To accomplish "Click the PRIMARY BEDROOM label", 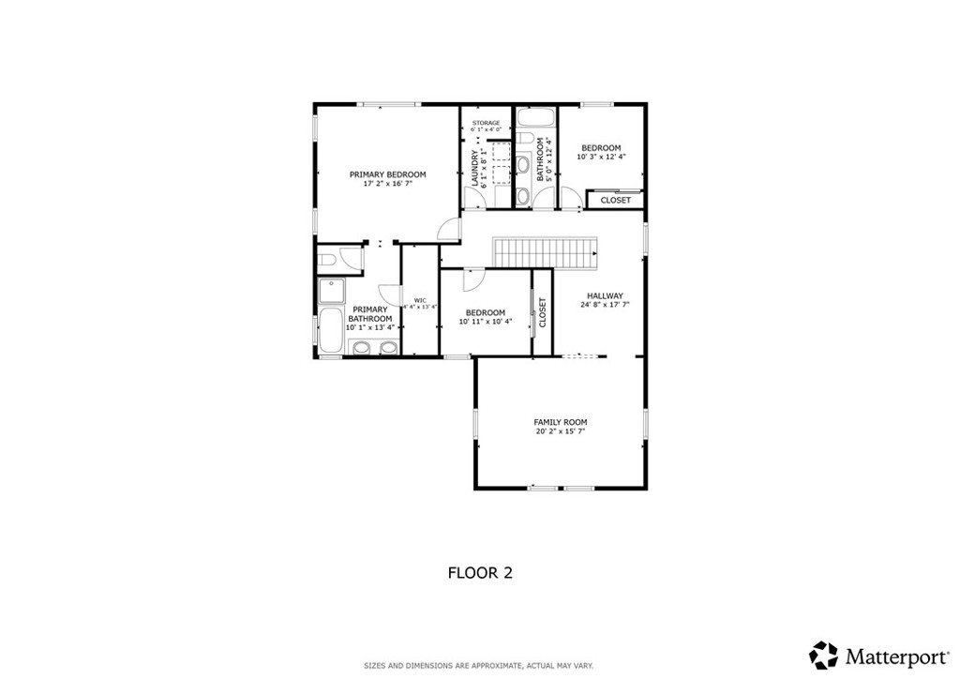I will [387, 174].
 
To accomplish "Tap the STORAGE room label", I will [486, 123].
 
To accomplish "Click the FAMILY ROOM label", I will [561, 423].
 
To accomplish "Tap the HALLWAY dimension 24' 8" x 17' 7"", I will [605, 305].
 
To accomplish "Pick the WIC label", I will [420, 301].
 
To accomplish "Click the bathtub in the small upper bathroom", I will [534, 118].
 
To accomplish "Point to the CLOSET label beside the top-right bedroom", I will [616, 201].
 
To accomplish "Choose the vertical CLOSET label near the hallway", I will [542, 312].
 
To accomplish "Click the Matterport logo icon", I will [824, 655].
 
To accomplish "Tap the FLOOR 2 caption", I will [479, 572].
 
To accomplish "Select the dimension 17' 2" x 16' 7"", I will [387, 185].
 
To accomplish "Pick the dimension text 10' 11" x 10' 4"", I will [485, 323].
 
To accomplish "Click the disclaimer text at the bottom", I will [479, 666].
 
